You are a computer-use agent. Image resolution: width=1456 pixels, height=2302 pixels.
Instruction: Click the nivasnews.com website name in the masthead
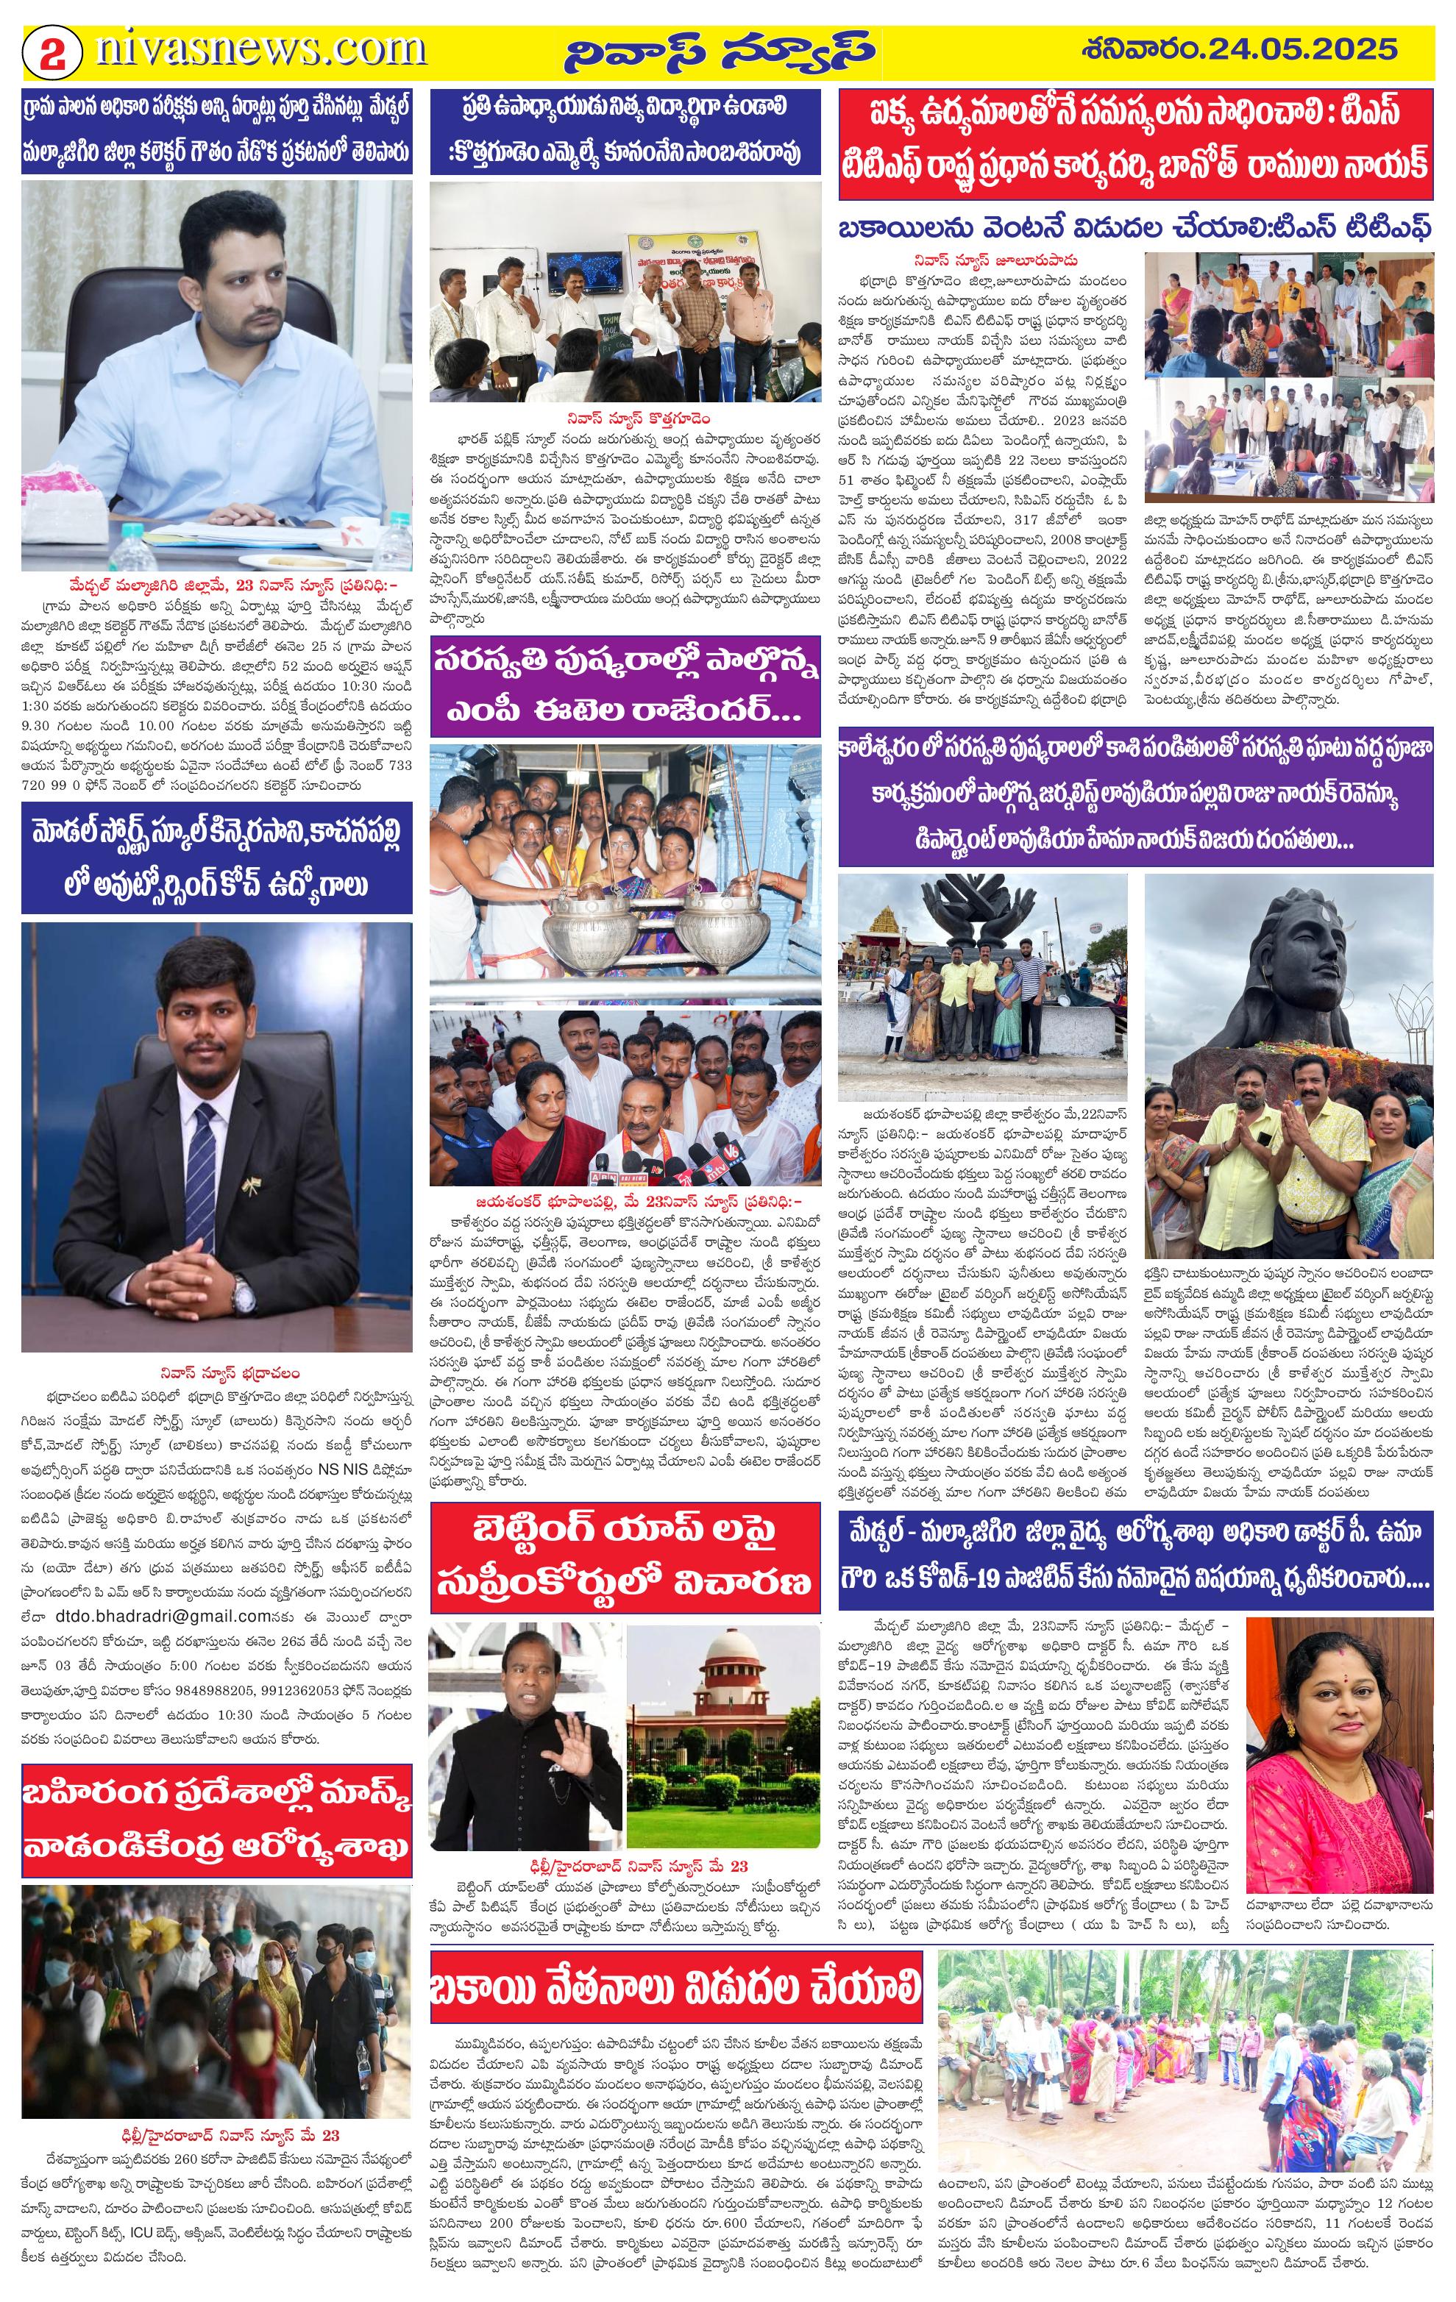tap(260, 49)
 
